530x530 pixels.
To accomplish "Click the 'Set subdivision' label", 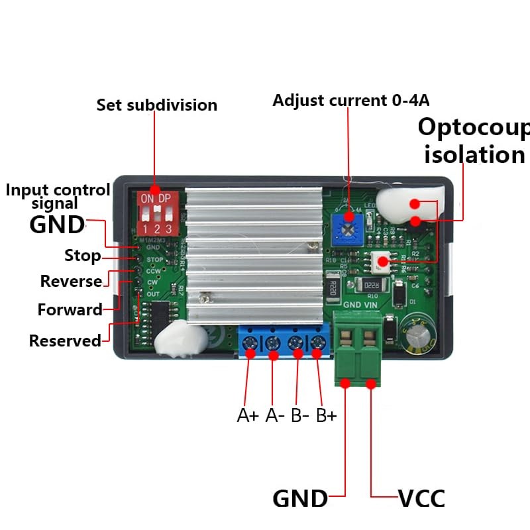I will pyautogui.click(x=157, y=105).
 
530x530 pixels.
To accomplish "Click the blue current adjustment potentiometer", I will pyautogui.click(x=346, y=229).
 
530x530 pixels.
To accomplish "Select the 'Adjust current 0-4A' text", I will pyautogui.click(x=351, y=101).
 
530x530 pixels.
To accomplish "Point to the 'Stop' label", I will pyautogui.click(x=82, y=256).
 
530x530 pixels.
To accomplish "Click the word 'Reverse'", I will pyautogui.click(x=71, y=281).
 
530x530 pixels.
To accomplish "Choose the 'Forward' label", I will pyautogui.click(x=70, y=309).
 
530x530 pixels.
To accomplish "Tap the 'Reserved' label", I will pyautogui.click(x=65, y=341).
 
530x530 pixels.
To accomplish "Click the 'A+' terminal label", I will pyautogui.click(x=248, y=416).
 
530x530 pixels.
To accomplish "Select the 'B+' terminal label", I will pyautogui.click(x=326, y=416).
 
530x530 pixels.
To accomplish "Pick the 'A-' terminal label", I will pyautogui.click(x=275, y=416).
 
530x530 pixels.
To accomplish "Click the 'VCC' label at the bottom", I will pyautogui.click(x=421, y=498).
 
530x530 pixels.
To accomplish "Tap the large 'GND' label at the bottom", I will pyautogui.click(x=300, y=498).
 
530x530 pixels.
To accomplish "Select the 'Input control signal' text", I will pyautogui.click(x=58, y=196).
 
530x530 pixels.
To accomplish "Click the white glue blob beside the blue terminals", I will pyautogui.click(x=178, y=340).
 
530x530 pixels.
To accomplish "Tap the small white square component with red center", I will pyautogui.click(x=383, y=262).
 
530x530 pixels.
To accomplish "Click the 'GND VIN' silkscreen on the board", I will pyautogui.click(x=360, y=306).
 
